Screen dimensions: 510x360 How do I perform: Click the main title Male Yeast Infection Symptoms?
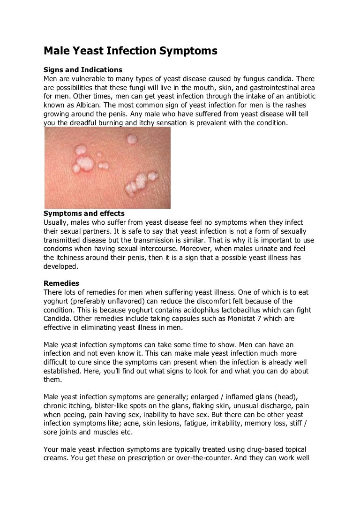(x=130, y=50)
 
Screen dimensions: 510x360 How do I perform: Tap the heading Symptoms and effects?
(x=80, y=213)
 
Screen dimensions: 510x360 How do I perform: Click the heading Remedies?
(x=61, y=283)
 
